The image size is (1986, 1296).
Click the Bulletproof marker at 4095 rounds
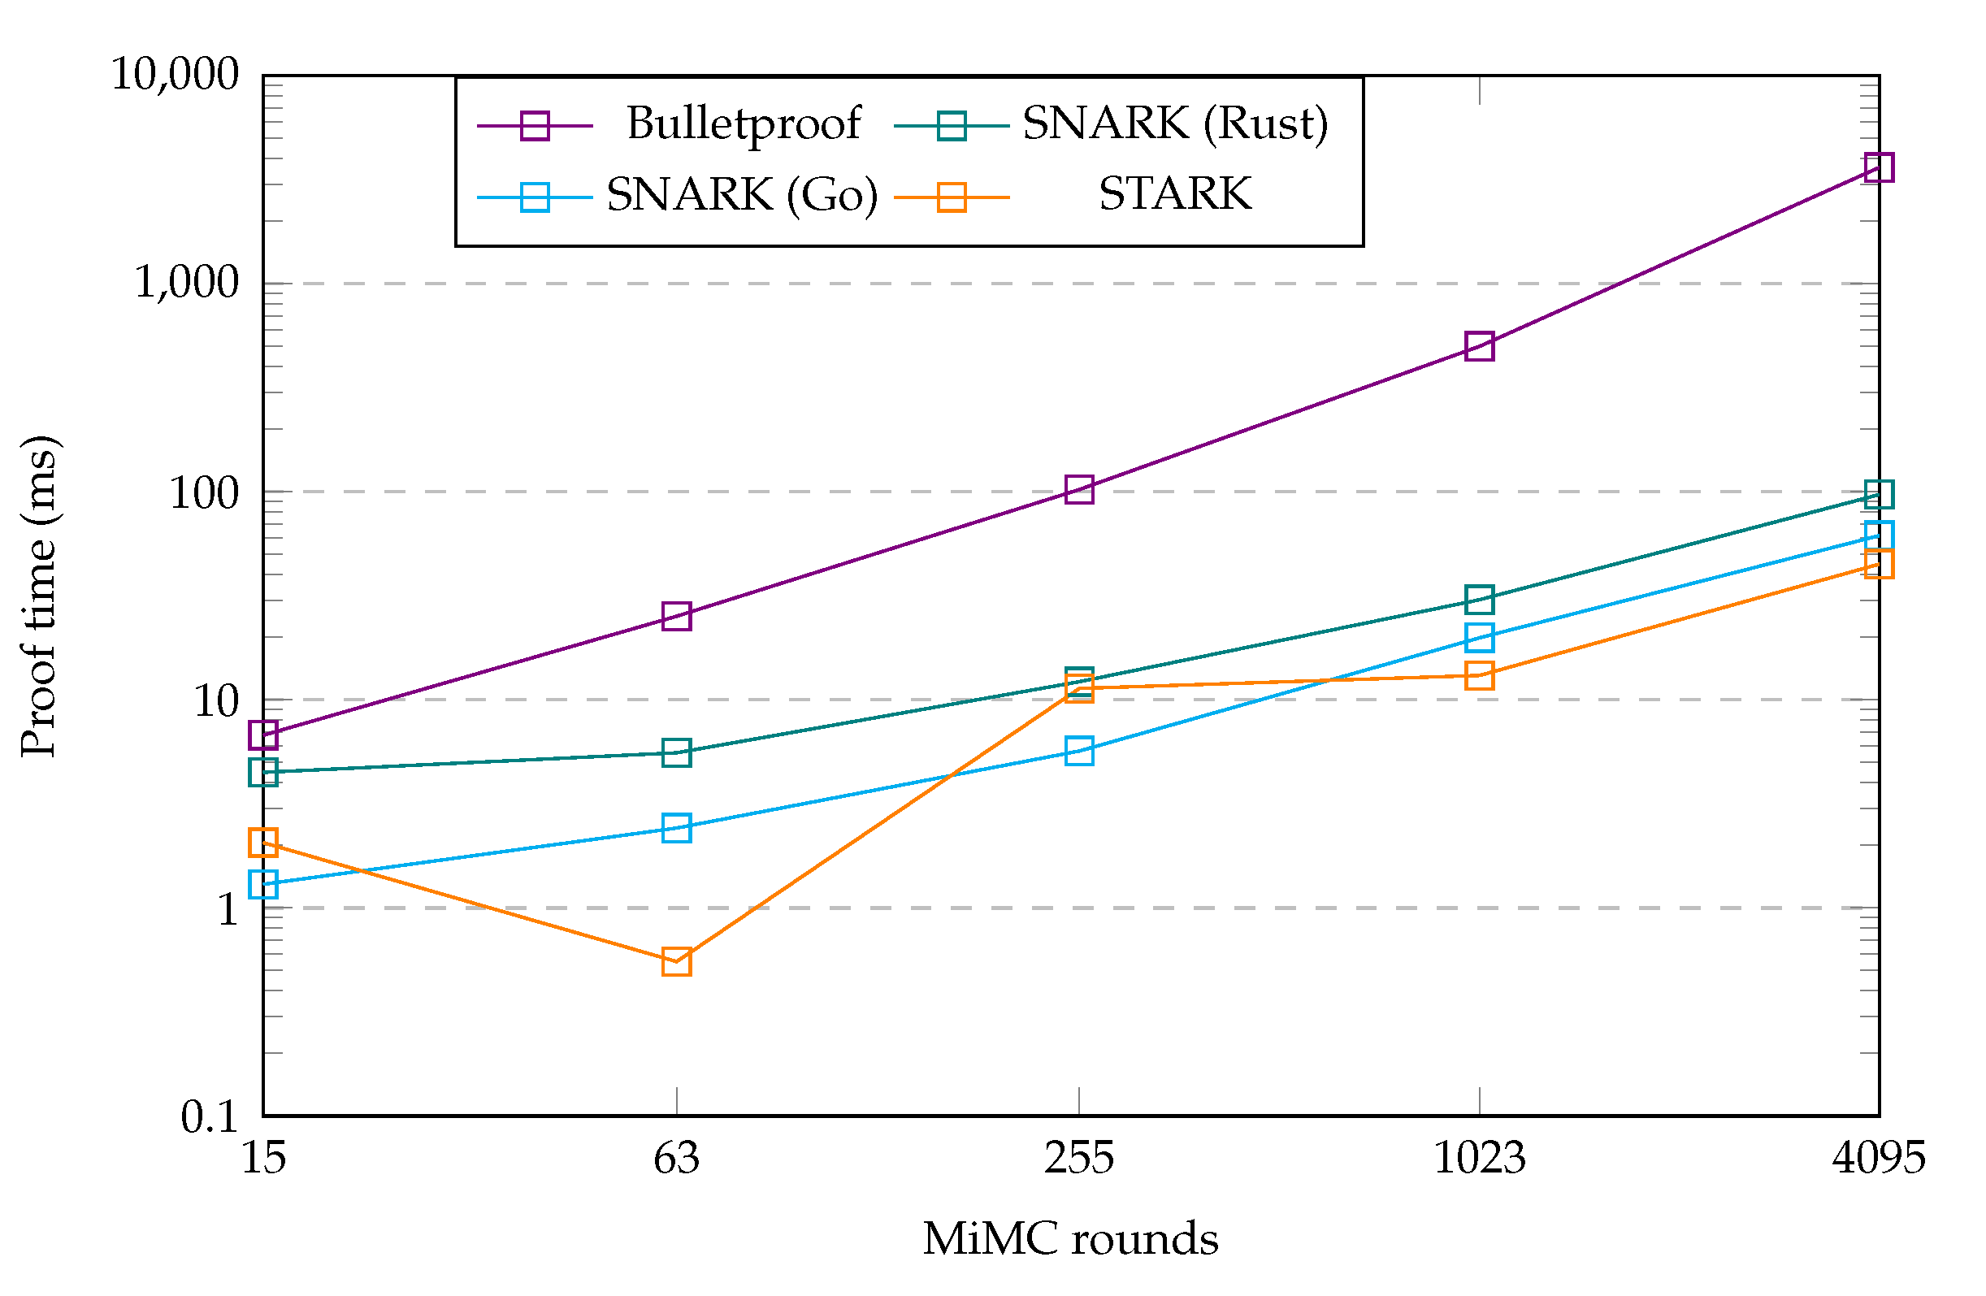click(x=1879, y=167)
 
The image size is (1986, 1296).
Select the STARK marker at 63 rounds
click(x=676, y=961)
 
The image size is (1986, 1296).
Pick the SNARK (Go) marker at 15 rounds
click(x=262, y=883)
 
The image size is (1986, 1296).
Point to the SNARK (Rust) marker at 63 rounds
click(x=676, y=752)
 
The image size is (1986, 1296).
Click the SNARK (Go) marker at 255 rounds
click(x=1079, y=750)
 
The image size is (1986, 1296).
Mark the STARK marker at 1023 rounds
click(x=1479, y=675)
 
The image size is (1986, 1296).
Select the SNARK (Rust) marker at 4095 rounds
click(x=1879, y=494)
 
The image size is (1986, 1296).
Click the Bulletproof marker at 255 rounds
click(x=1079, y=489)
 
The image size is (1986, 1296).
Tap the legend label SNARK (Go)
click(x=742, y=195)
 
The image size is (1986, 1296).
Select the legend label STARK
click(x=1175, y=194)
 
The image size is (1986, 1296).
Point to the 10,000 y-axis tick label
click(x=176, y=75)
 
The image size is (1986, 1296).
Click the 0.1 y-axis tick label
click(x=210, y=1116)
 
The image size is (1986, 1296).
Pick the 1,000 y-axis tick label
click(x=187, y=284)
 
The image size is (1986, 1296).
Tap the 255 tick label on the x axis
click(x=1079, y=1159)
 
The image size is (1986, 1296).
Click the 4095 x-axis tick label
click(x=1879, y=1159)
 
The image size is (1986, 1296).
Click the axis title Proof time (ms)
click(x=39, y=596)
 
